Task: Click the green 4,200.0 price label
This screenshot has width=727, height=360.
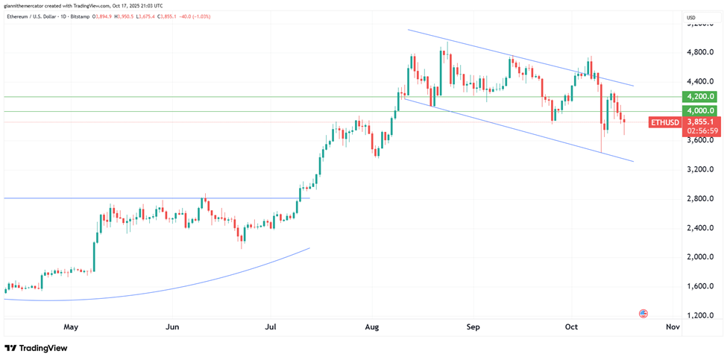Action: (701, 96)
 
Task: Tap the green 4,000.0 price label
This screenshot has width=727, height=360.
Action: (701, 110)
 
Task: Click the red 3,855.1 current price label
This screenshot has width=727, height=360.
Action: (702, 121)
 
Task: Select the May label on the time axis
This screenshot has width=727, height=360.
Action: (71, 326)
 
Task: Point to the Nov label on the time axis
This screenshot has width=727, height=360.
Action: (672, 326)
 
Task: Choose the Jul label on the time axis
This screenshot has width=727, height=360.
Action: (271, 326)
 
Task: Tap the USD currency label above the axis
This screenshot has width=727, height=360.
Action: (690, 17)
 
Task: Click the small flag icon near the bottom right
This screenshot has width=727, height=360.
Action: (643, 314)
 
